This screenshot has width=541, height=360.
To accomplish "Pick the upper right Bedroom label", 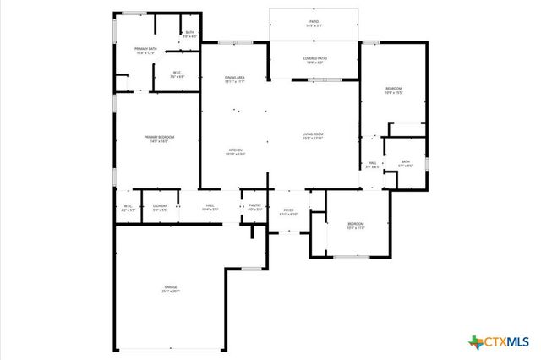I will pos(394,90).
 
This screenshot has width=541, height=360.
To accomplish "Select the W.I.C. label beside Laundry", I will pos(128,207).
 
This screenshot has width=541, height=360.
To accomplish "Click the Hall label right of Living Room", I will pos(372,165).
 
